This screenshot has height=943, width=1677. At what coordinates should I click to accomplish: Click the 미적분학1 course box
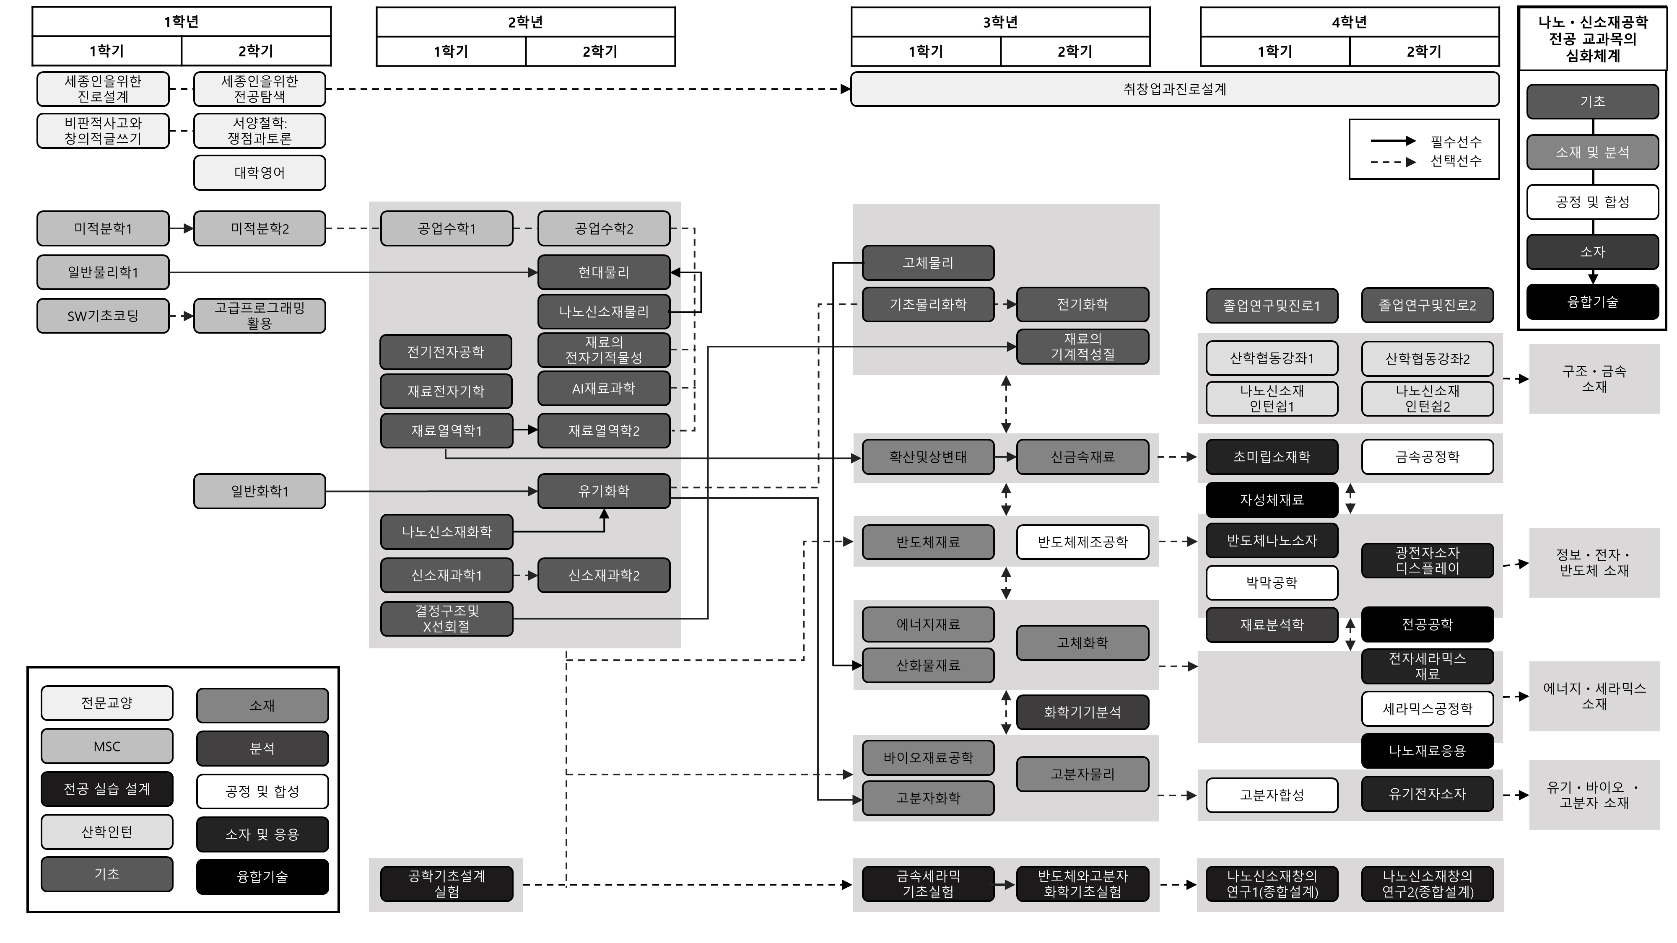103,228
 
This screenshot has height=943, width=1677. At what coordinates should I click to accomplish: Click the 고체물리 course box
928,263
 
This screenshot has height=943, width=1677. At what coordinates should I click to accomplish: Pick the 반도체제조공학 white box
1082,542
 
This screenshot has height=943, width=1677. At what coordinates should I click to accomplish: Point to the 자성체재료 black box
1272,500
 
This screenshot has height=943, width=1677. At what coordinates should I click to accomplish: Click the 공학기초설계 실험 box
447,884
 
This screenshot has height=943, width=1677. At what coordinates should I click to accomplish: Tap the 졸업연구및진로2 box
1427,305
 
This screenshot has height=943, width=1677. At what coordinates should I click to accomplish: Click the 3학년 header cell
1000,22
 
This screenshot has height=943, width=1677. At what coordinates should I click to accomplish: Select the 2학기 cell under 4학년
1424,52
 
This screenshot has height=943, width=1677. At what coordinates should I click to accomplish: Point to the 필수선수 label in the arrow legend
1456,141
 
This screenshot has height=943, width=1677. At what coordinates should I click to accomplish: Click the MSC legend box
107,746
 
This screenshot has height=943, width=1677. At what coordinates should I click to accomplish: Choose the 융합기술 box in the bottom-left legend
262,877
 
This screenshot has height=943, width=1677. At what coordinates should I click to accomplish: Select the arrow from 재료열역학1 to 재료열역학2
525,430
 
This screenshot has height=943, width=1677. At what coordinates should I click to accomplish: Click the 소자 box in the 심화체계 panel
1592,252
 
